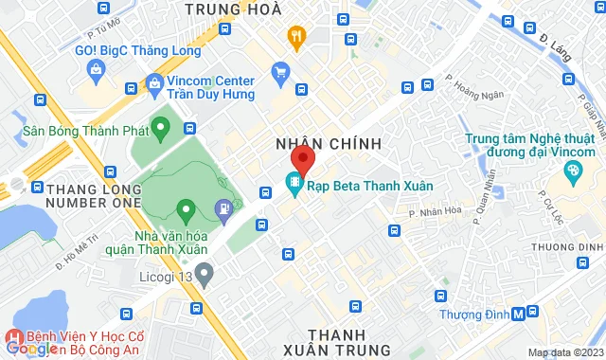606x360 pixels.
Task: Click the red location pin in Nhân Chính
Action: [302, 158]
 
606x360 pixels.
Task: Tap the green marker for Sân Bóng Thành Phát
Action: [161, 126]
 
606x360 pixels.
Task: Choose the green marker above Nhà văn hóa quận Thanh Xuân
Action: [186, 208]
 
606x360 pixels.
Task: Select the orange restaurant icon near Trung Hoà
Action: [296, 38]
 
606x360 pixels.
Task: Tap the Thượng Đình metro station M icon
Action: [518, 314]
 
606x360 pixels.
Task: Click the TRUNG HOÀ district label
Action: [234, 9]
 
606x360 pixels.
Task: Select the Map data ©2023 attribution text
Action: [564, 353]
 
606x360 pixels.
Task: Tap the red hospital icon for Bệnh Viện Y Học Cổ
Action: [14, 336]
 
